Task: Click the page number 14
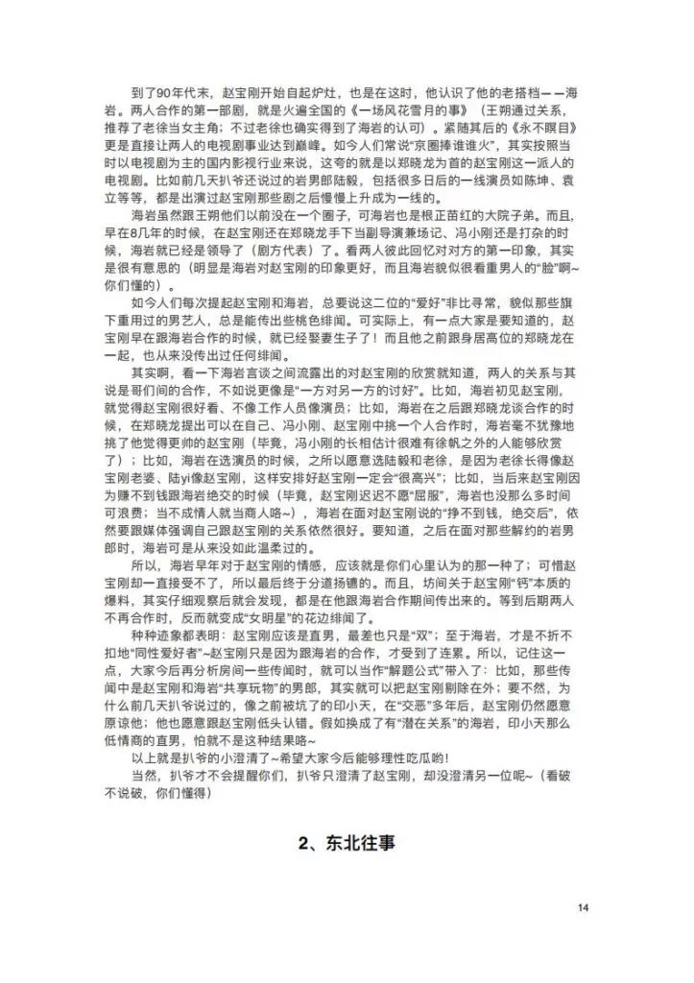(584, 908)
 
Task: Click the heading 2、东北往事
(347, 844)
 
